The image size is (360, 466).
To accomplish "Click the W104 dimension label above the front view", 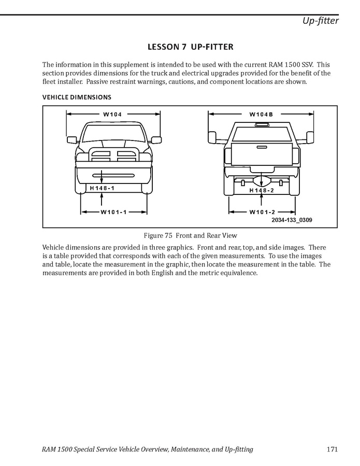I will pyautogui.click(x=112, y=114).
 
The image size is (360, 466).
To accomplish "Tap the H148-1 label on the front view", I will pyautogui.click(x=102, y=188).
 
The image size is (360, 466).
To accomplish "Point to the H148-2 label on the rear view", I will pyautogui.click(x=261, y=190).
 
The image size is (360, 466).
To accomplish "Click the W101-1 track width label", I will pyautogui.click(x=114, y=211).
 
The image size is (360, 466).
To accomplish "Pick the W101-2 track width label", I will pyautogui.click(x=262, y=211).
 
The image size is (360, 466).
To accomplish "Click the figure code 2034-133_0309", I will pyautogui.click(x=291, y=220).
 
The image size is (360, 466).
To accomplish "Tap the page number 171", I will pyautogui.click(x=333, y=449).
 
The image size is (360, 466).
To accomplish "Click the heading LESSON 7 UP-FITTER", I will pyautogui.click(x=190, y=47).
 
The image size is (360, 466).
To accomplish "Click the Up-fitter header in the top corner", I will pyautogui.click(x=321, y=21).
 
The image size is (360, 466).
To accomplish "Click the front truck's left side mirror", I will pyautogui.click(x=72, y=139).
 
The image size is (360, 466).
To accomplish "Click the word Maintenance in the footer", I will pyautogui.click(x=190, y=449).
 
